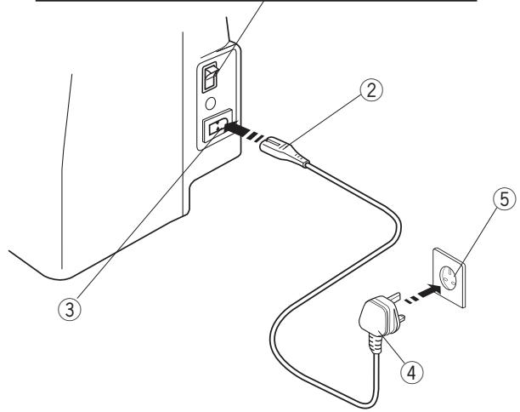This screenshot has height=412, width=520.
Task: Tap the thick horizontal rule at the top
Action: (255, 2)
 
